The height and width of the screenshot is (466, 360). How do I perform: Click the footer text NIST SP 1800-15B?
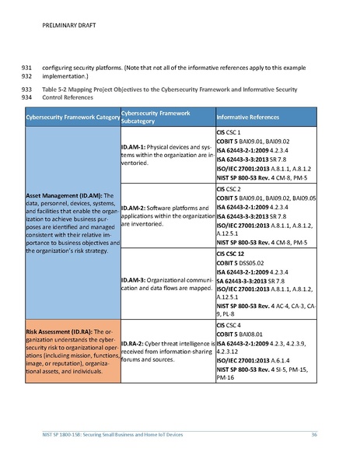coord(69,433)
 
